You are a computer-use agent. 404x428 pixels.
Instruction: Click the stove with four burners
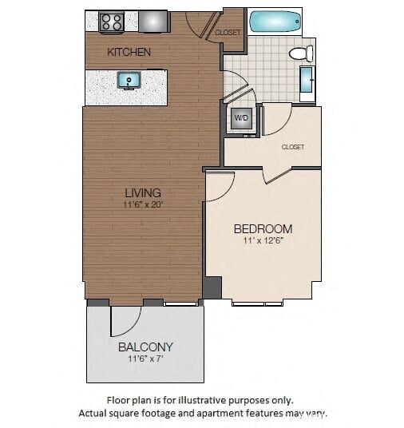click(111, 22)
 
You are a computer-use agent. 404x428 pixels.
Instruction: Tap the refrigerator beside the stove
click(153, 22)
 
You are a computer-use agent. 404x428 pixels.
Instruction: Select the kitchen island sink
click(128, 80)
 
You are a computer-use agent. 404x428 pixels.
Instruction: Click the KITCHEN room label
click(129, 52)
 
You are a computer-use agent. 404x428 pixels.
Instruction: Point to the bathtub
click(275, 22)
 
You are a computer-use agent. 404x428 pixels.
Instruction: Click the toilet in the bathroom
click(300, 53)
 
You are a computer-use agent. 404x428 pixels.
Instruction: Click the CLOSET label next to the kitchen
click(228, 33)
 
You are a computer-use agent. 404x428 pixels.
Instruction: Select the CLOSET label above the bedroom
click(293, 147)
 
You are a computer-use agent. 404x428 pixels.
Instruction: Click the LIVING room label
click(143, 192)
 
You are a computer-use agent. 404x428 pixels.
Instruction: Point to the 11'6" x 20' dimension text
click(143, 205)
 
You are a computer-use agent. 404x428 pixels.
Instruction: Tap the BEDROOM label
click(263, 228)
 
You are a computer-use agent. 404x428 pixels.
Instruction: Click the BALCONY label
click(145, 347)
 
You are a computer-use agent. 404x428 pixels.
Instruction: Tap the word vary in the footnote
click(315, 414)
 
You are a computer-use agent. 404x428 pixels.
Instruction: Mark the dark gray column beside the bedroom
click(212, 287)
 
